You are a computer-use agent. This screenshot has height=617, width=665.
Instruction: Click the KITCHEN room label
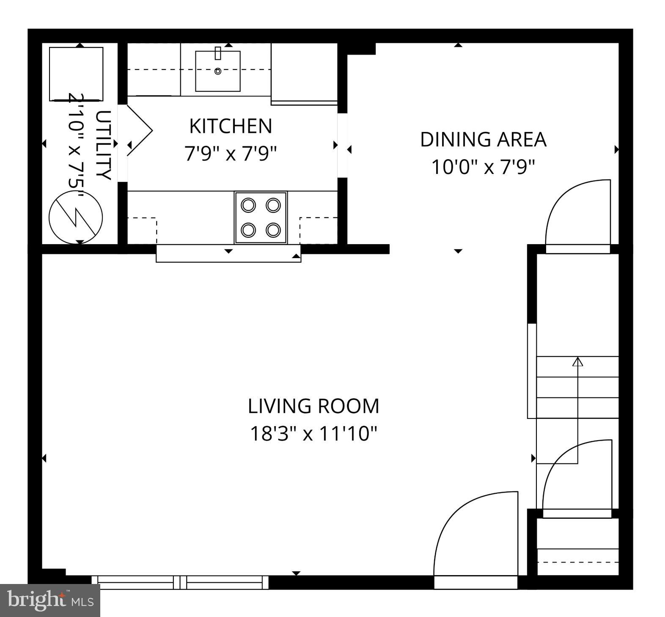pyautogui.click(x=231, y=126)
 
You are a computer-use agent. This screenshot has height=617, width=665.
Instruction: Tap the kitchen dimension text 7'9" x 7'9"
pyautogui.click(x=231, y=154)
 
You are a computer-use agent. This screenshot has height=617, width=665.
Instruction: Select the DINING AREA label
pyautogui.click(x=483, y=140)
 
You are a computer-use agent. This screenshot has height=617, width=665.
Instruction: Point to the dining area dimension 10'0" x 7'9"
pyautogui.click(x=483, y=167)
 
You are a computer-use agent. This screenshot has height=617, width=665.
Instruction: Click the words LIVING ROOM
pyautogui.click(x=313, y=406)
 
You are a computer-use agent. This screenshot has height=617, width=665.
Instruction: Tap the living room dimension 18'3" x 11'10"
pyautogui.click(x=313, y=434)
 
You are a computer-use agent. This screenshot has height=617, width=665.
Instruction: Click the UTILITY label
pyautogui.click(x=104, y=145)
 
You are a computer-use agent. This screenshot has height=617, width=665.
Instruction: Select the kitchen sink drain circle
pyautogui.click(x=218, y=71)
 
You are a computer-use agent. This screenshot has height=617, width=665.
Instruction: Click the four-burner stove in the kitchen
pyautogui.click(x=261, y=218)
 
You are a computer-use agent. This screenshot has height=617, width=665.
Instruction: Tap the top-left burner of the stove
pyautogui.click(x=248, y=205)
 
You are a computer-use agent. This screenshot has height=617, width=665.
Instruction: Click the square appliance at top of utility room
pyautogui.click(x=76, y=74)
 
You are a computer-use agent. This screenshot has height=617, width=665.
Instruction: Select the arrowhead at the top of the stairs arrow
pyautogui.click(x=577, y=361)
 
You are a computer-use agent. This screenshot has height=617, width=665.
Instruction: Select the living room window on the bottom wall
pyautogui.click(x=180, y=582)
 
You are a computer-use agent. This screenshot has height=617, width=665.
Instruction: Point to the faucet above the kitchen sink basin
pyautogui.click(x=218, y=53)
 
